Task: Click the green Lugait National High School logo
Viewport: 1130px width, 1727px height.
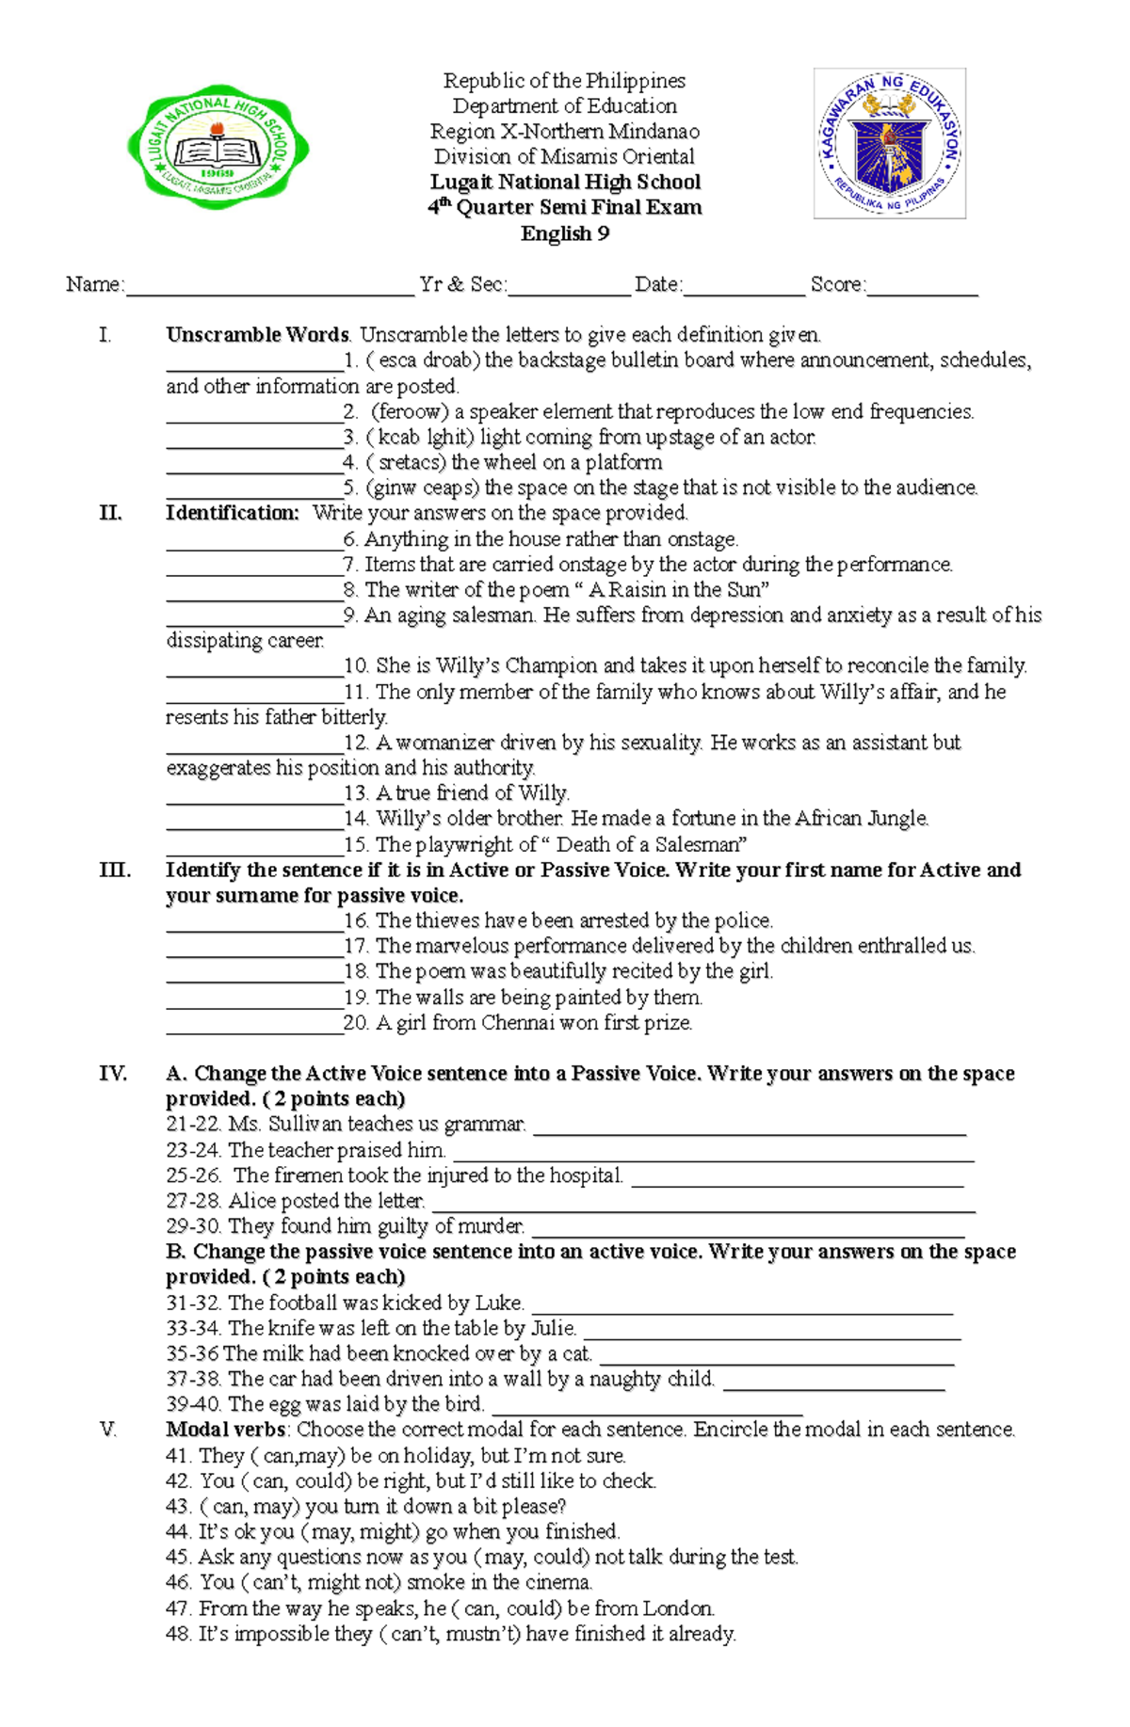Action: tap(218, 147)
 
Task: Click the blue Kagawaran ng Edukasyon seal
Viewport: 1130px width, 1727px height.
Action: tap(890, 143)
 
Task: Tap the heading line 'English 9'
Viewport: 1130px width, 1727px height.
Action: tap(565, 233)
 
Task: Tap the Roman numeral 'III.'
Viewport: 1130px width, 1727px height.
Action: tap(114, 870)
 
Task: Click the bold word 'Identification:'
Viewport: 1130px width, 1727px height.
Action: tap(232, 513)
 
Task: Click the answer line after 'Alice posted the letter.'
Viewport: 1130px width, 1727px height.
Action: tap(702, 1206)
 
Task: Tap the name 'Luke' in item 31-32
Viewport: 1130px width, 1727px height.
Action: tap(498, 1303)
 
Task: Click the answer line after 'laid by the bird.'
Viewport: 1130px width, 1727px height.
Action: tap(646, 1409)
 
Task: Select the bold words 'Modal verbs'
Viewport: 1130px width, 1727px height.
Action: tap(225, 1430)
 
